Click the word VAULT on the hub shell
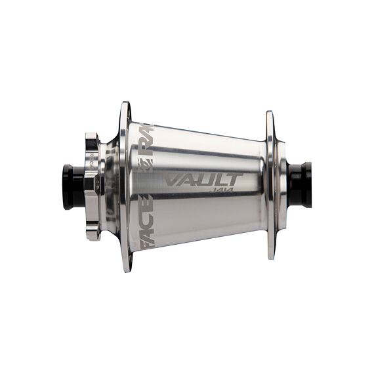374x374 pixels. click(203, 180)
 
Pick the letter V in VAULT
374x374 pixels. click(173, 180)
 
